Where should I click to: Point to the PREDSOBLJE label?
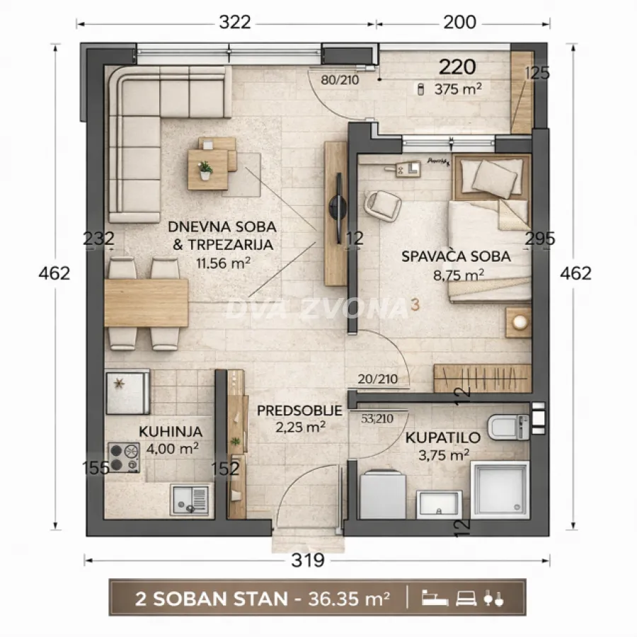pos(299,411)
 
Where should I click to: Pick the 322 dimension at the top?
pos(234,23)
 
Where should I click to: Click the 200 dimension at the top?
pos(459,23)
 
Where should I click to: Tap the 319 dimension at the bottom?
pos(308,561)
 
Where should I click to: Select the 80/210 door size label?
pos(340,80)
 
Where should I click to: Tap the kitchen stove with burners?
pos(125,457)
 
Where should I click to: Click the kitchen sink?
pos(190,500)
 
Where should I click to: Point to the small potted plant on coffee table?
pos(205,169)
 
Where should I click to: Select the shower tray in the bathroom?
pos(500,489)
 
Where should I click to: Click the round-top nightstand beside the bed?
pos(520,323)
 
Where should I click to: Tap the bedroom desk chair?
pos(382,205)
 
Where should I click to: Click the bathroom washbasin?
pos(440,504)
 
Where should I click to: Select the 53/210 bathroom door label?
pos(377,418)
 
